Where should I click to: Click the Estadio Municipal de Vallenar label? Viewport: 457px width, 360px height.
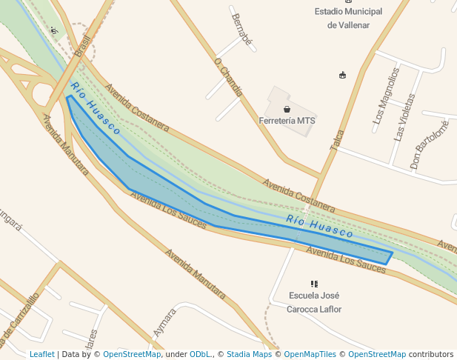pyautogui.click(x=348, y=18)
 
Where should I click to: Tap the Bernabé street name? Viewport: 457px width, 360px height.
pyautogui.click(x=242, y=30)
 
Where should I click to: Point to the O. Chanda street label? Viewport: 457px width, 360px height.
pyautogui.click(x=227, y=77)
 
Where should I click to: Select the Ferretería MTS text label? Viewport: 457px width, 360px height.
pyautogui.click(x=287, y=121)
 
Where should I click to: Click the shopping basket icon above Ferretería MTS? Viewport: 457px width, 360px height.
pyautogui.click(x=287, y=109)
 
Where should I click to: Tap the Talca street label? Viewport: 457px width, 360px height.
pyautogui.click(x=337, y=141)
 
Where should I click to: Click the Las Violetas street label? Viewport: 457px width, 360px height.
pyautogui.click(x=404, y=117)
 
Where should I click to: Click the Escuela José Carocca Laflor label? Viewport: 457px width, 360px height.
pyautogui.click(x=314, y=302)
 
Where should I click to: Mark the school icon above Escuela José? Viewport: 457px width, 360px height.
pyautogui.click(x=314, y=284)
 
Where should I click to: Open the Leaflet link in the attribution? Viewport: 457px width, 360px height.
pyautogui.click(x=42, y=354)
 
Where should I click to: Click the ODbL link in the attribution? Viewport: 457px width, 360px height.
pyautogui.click(x=200, y=354)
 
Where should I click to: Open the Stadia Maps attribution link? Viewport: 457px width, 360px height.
pyautogui.click(x=249, y=354)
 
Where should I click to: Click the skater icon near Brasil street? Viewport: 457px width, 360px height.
pyautogui.click(x=54, y=31)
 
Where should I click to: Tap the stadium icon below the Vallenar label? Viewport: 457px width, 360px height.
pyautogui.click(x=342, y=75)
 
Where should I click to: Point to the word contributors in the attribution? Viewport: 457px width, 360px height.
pyautogui.click(x=431, y=354)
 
